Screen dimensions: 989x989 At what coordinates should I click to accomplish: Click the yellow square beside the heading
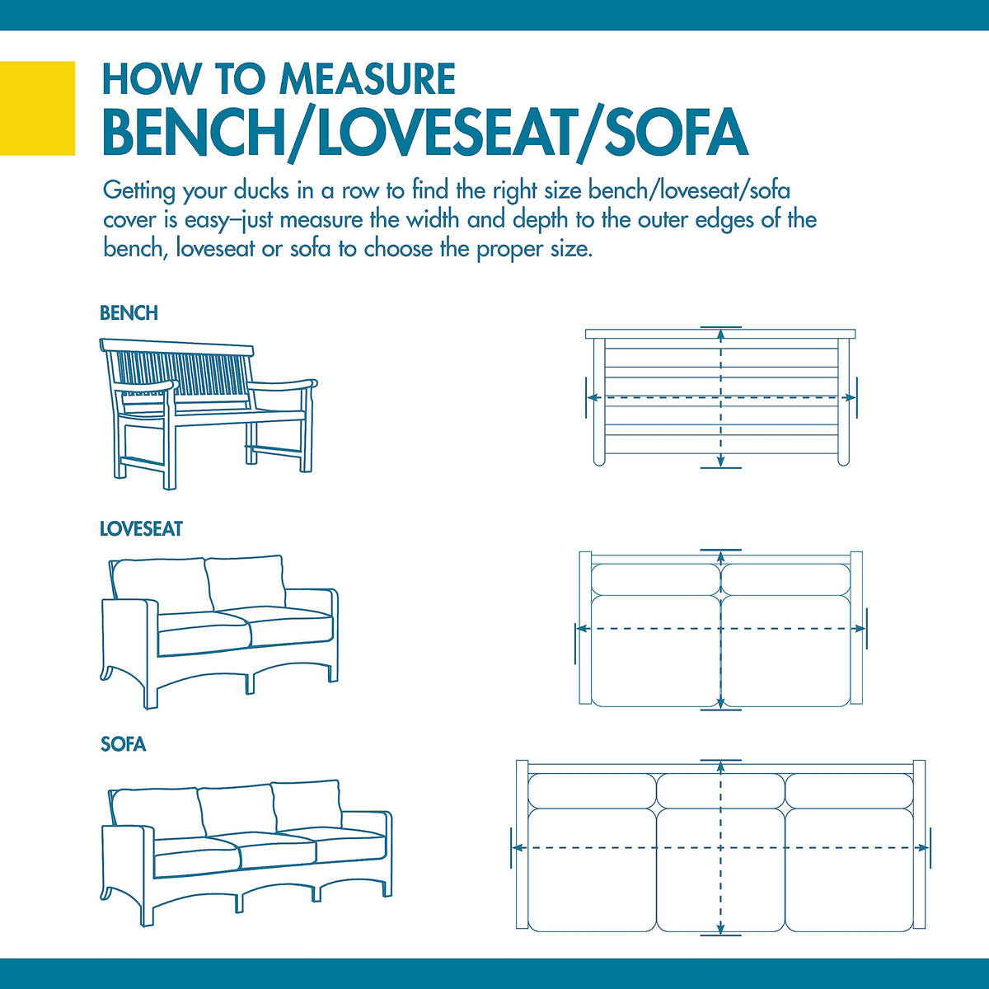pos(37,108)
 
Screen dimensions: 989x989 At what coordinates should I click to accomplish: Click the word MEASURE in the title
pos(368,79)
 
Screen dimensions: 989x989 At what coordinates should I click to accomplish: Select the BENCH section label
pos(129,313)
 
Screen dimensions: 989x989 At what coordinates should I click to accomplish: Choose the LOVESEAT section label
pos(141,529)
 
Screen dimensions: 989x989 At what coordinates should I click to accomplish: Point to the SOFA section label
pos(123,745)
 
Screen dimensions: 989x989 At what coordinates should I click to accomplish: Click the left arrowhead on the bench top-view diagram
pos(593,397)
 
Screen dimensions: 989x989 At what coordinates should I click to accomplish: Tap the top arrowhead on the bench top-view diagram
pos(721,335)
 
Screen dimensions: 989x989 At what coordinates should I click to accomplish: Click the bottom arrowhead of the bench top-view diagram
pos(721,461)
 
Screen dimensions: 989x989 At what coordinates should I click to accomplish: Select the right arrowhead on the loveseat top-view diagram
pos(859,629)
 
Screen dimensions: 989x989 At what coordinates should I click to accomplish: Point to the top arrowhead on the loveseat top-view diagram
pos(721,558)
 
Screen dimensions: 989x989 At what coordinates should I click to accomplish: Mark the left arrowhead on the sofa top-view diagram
pos(519,848)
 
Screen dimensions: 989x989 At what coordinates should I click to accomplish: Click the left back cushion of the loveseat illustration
pos(162,585)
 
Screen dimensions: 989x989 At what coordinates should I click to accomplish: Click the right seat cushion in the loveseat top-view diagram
pos(786,651)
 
